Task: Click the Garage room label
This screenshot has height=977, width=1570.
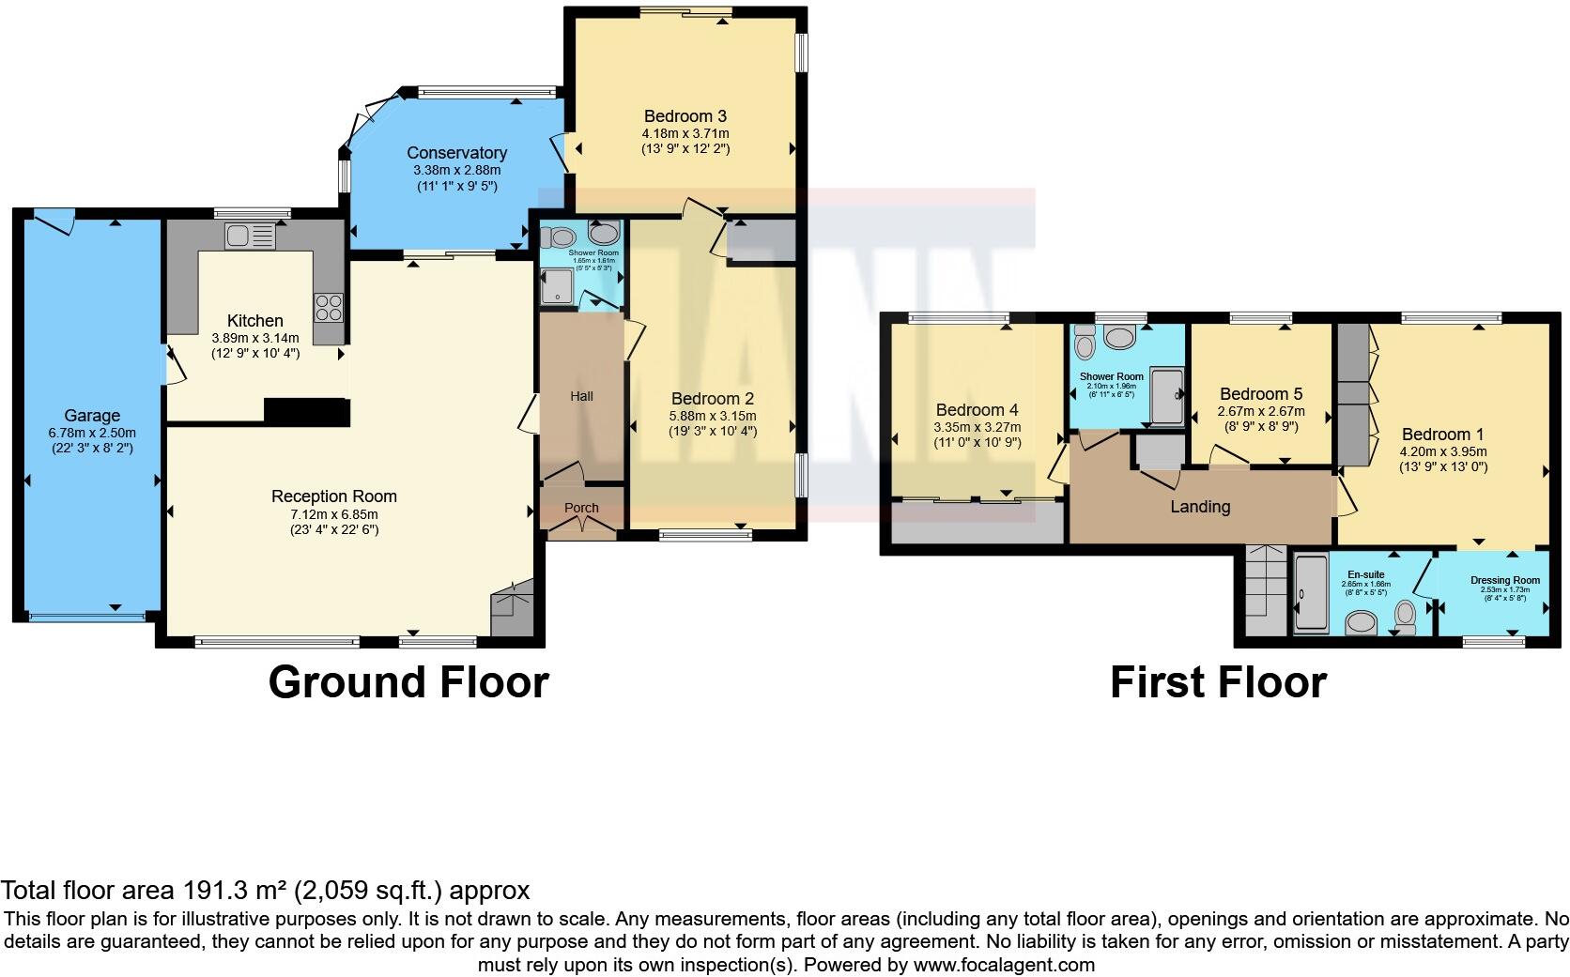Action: click(92, 416)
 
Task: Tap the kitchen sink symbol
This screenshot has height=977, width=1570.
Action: click(249, 236)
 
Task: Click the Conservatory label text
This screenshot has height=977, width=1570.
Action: click(456, 153)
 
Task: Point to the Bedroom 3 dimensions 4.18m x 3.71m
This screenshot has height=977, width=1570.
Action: click(685, 133)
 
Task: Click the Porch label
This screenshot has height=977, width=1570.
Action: click(581, 508)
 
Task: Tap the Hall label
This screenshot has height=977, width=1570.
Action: click(581, 396)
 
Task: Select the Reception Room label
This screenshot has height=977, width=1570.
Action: click(333, 496)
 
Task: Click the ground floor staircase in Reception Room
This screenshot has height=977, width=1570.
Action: click(512, 610)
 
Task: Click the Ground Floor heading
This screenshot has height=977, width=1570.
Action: click(408, 682)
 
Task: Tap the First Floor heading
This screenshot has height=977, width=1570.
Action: click(1218, 682)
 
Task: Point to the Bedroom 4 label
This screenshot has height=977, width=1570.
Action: click(977, 410)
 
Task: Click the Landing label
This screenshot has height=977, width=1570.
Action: click(1199, 507)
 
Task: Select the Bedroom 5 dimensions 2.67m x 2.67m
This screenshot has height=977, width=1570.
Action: click(1260, 411)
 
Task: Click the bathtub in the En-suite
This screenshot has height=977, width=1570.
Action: click(1309, 594)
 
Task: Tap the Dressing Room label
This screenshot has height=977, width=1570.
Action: click(1504, 580)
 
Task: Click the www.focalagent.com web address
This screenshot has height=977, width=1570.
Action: click(1003, 964)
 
